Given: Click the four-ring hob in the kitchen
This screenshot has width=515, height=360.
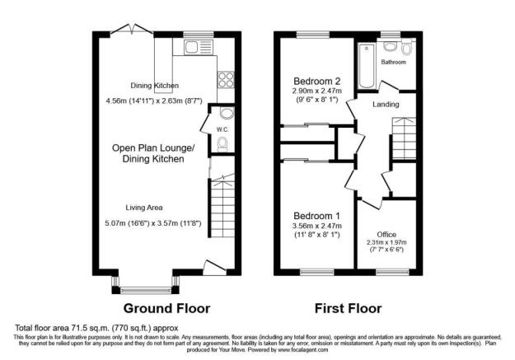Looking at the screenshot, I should coord(224,80).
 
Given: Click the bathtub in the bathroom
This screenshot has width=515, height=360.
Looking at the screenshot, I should coord(364,65).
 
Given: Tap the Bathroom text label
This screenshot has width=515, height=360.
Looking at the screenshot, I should coord(393,62).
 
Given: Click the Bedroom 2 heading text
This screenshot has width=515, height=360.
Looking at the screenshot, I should coord(317,81).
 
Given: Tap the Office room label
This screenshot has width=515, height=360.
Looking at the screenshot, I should coord(386,235).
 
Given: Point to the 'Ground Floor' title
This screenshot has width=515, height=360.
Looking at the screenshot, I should coord(166,309).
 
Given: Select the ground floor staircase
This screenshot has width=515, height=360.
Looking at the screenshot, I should coord(221,211).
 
